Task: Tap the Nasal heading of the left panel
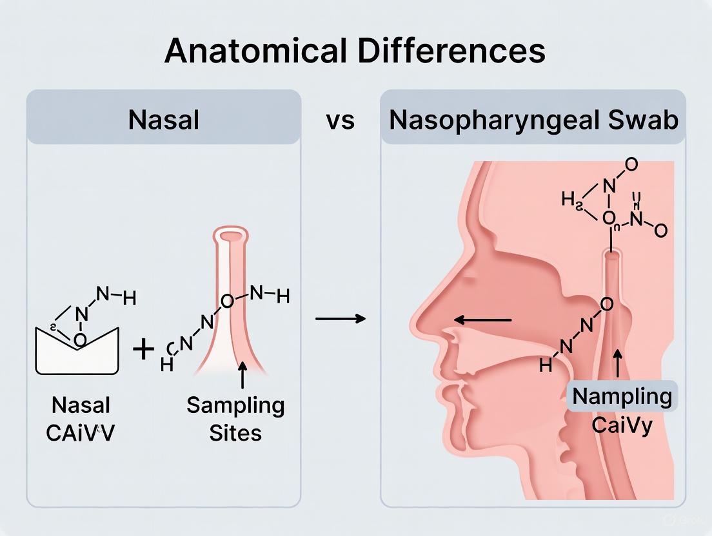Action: click(x=163, y=120)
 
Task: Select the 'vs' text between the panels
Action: click(x=340, y=120)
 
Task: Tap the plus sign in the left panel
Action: click(x=143, y=350)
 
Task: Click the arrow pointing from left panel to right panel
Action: click(x=341, y=318)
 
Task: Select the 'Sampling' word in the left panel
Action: click(x=235, y=406)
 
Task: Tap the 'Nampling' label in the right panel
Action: click(x=622, y=396)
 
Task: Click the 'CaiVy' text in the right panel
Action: click(x=622, y=425)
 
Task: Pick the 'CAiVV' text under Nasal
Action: click(x=81, y=432)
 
